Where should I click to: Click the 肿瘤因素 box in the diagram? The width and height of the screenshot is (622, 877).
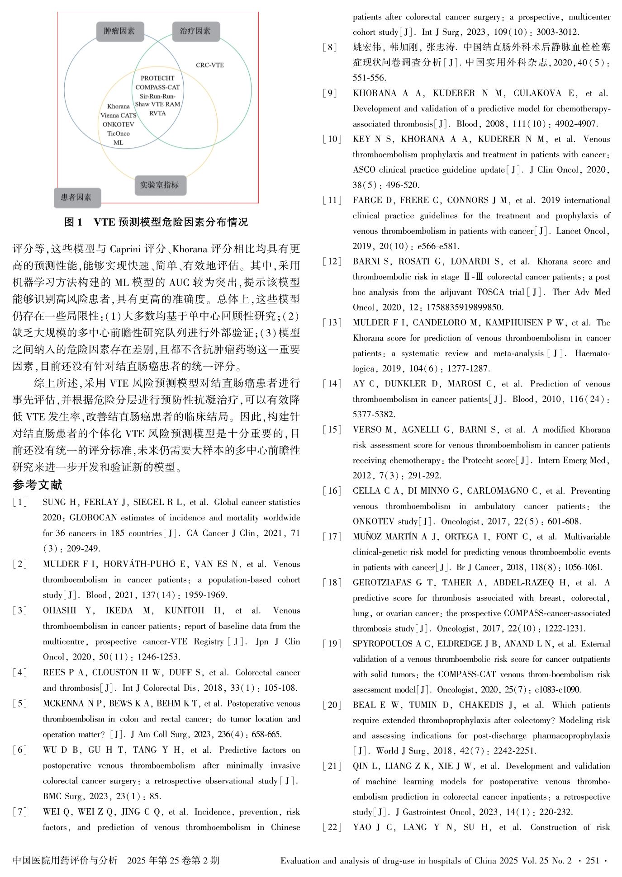(119, 31)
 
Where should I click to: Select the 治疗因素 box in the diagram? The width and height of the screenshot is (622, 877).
(195, 31)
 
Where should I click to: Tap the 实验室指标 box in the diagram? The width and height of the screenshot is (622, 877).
(160, 185)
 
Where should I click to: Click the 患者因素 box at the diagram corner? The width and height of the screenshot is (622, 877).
(76, 197)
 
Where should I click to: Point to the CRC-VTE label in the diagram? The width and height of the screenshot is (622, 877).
(209, 65)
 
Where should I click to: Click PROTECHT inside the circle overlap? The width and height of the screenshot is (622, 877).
(157, 78)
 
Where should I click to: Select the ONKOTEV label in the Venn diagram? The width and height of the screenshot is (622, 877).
(118, 124)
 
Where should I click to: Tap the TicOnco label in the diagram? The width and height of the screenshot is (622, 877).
(118, 133)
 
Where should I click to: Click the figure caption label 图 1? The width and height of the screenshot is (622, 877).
(74, 222)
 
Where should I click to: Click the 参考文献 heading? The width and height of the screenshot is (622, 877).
(38, 485)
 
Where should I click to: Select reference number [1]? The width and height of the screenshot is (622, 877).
(20, 502)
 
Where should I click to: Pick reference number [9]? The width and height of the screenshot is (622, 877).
(330, 93)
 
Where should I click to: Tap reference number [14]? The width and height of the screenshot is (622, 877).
(332, 384)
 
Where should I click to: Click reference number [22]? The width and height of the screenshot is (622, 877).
(332, 827)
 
